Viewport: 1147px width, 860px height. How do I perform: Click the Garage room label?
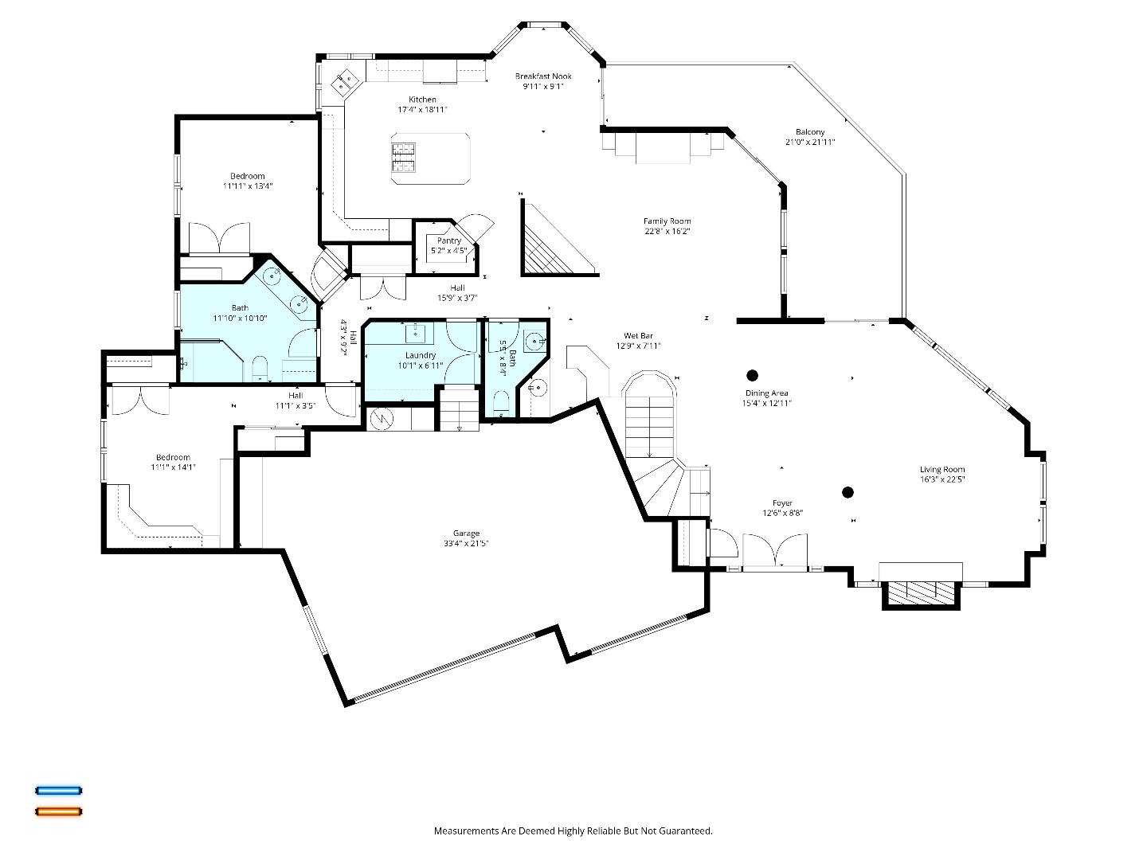(x=466, y=534)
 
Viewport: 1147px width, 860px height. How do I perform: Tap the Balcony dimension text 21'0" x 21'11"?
(x=809, y=143)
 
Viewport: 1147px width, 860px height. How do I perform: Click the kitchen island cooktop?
(x=403, y=157)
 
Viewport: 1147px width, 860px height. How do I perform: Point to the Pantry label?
(x=448, y=240)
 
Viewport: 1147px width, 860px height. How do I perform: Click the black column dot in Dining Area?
(x=752, y=375)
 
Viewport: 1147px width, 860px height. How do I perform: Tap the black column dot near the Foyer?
(x=848, y=492)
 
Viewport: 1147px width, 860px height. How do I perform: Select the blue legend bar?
(x=58, y=791)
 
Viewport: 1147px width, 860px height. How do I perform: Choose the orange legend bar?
(x=58, y=811)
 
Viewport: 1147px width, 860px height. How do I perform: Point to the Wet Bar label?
(x=638, y=336)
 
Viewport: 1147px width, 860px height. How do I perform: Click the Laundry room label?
(x=420, y=355)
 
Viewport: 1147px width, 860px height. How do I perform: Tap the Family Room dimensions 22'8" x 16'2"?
(x=667, y=232)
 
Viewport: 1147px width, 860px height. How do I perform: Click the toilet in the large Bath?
(x=259, y=369)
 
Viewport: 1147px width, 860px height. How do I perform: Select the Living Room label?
(x=942, y=470)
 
